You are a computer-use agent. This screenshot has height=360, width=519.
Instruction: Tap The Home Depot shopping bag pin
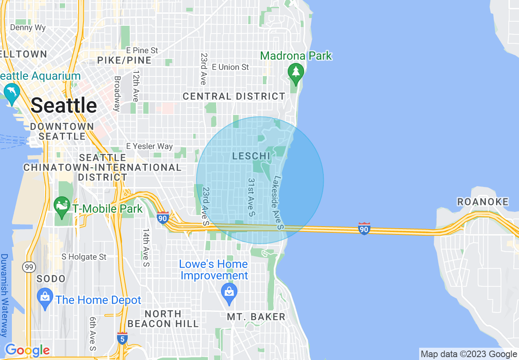[x=45, y=300]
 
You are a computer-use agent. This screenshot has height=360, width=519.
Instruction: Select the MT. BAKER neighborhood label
[x=256, y=317]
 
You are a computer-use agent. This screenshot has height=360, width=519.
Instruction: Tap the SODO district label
[x=51, y=279]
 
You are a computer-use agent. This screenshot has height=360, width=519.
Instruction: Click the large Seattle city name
[x=64, y=106]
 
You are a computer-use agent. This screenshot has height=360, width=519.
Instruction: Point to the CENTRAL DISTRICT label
[x=234, y=97]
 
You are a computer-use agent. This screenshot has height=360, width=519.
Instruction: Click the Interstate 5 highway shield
[x=122, y=338]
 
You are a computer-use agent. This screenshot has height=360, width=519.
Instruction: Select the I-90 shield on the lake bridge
[x=364, y=229]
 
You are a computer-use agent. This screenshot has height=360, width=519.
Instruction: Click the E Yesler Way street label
[x=149, y=146]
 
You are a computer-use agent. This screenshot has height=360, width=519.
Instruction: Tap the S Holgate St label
[x=84, y=257]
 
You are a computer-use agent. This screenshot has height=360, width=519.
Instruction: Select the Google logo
[x=27, y=350]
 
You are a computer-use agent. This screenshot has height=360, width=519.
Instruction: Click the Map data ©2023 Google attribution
[x=469, y=354]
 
